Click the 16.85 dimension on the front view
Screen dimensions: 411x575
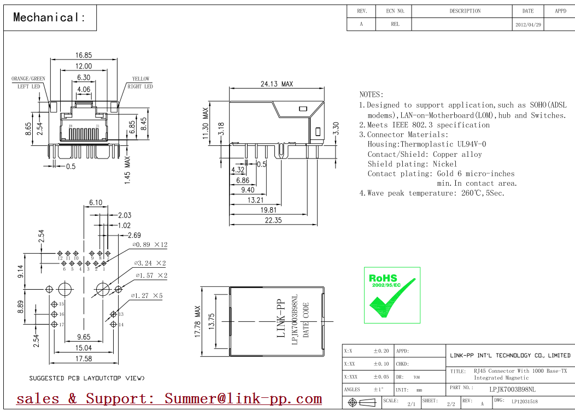click(84, 55)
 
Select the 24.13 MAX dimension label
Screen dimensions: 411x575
click(277, 84)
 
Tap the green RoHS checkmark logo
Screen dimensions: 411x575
click(392, 295)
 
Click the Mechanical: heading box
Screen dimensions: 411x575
click(50, 17)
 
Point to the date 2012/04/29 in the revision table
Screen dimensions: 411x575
click(528, 25)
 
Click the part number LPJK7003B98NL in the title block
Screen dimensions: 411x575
click(512, 389)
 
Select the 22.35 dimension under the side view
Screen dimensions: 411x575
click(273, 220)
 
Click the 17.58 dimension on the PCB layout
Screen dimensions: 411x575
click(84, 359)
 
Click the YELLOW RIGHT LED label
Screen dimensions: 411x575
click(140, 83)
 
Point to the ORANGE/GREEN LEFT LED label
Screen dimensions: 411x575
click(28, 83)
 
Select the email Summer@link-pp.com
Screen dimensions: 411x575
click(243, 399)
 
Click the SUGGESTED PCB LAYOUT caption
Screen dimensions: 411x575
click(87, 378)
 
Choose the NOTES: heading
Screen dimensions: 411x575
click(372, 95)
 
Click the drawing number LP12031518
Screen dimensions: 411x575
click(525, 402)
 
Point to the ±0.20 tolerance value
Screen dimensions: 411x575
click(381, 351)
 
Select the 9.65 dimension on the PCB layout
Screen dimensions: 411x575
click(84, 337)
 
